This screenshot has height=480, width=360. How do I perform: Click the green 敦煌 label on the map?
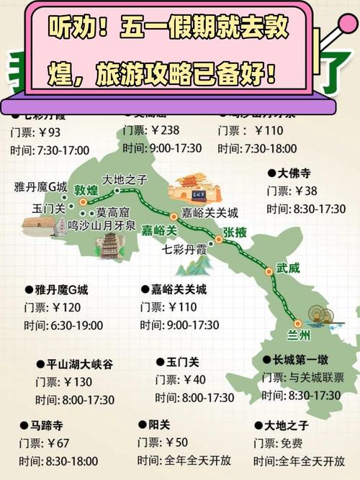[x=86, y=191]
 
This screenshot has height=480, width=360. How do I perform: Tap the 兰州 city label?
[x=299, y=335]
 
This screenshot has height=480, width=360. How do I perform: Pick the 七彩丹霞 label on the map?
[x=186, y=250]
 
